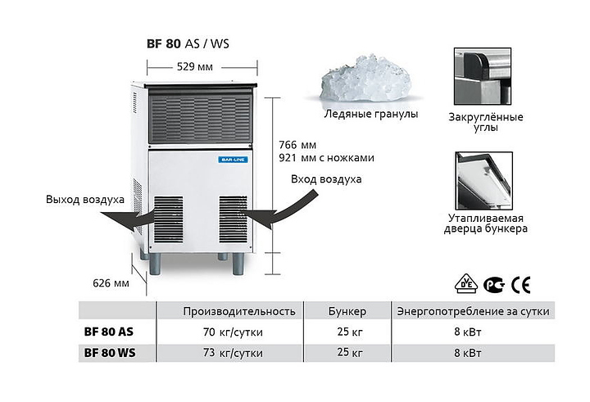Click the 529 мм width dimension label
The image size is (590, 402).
(195, 67)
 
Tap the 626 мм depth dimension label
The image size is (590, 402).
(111, 283)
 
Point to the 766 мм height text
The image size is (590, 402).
(297, 145)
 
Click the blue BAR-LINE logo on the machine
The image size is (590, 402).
(233, 160)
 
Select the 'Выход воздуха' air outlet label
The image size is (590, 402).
(85, 199)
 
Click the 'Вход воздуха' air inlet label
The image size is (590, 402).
(326, 179)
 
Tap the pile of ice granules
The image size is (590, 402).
(365, 79)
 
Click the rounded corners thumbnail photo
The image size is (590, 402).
(483, 76)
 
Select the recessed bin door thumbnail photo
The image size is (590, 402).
(483, 180)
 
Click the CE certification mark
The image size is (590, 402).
(521, 285)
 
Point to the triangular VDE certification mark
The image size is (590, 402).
(466, 283)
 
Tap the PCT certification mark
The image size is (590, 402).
(494, 285)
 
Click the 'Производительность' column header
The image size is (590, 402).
(239, 311)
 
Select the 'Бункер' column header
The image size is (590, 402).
(347, 311)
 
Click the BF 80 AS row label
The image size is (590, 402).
(109, 332)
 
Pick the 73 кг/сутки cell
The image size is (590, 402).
(233, 353)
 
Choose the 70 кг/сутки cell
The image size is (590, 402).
(233, 332)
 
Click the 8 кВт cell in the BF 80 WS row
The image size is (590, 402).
(467, 353)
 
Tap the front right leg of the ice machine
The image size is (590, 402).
(238, 264)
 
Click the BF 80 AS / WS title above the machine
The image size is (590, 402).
(188, 43)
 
